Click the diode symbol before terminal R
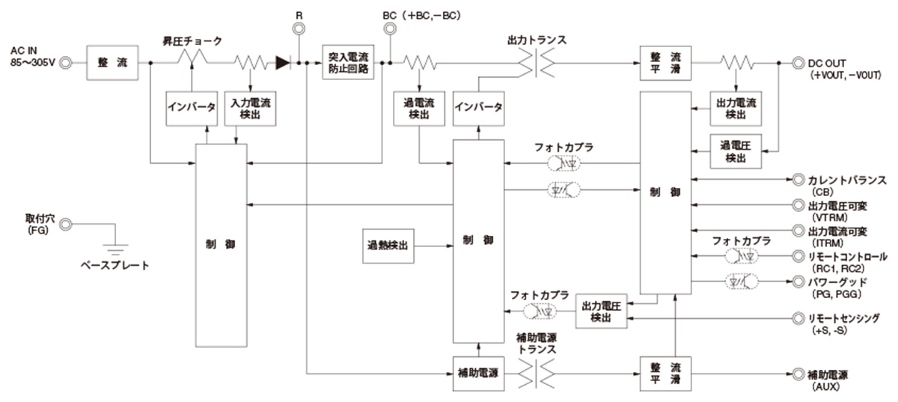coord(282,64)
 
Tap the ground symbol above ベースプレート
coord(114,252)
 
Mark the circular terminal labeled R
coord(299,29)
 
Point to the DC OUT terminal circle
coord(798,64)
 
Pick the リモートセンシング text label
coord(847,318)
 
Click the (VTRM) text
coord(826,216)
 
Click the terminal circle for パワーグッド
coord(798,281)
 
